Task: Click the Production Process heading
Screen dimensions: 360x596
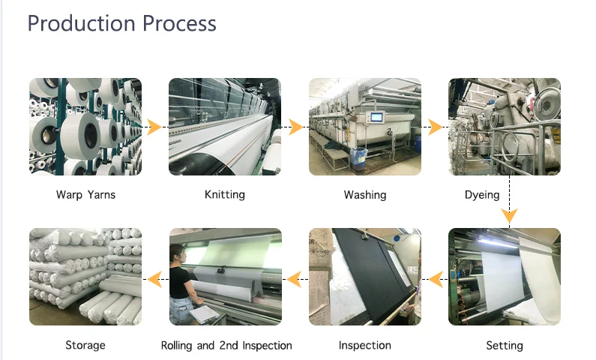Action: click(121, 23)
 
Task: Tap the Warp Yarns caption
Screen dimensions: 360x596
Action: click(85, 195)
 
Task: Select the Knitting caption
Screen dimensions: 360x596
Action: click(224, 195)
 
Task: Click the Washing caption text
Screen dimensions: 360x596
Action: click(365, 195)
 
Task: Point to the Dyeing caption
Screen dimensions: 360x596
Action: click(482, 195)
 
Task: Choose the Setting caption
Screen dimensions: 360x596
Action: click(504, 346)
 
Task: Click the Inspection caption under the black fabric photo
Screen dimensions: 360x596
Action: click(365, 346)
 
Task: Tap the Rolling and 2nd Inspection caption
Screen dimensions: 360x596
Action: click(226, 346)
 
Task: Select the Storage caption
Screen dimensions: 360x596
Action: click(85, 346)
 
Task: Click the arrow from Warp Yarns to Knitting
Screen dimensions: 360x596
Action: click(154, 127)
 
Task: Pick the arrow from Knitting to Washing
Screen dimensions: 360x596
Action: click(295, 127)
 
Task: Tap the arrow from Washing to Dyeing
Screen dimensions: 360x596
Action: click(435, 127)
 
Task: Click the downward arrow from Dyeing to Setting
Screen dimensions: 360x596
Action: click(510, 217)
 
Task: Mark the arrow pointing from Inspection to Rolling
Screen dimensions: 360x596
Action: click(294, 280)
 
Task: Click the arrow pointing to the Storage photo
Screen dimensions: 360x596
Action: click(154, 280)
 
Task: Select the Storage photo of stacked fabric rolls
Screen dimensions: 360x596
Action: click(85, 277)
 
